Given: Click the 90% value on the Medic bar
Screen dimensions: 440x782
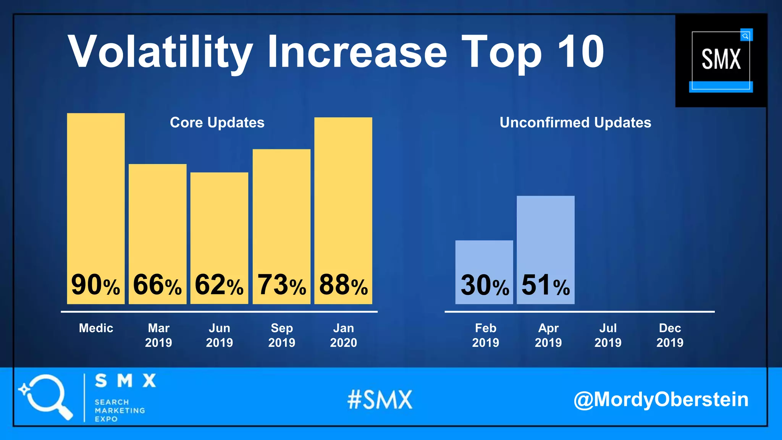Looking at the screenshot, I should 95,285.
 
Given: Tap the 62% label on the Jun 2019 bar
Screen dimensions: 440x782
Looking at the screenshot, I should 219,285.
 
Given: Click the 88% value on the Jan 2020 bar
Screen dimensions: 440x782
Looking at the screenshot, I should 343,285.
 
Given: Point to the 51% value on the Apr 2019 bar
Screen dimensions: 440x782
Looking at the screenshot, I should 546,285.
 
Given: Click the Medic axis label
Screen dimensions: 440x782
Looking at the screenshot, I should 96,328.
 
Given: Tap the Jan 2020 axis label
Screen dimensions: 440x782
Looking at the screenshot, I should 343,335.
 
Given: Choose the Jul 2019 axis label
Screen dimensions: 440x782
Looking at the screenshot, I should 608,335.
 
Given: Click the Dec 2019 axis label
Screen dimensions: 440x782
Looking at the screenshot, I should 670,335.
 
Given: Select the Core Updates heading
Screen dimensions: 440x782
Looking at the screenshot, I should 217,123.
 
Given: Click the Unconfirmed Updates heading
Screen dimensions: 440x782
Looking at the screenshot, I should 575,123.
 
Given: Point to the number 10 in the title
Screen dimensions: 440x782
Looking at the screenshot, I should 580,52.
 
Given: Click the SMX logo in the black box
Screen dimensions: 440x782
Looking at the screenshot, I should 721,60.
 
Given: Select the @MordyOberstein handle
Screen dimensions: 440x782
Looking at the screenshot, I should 661,400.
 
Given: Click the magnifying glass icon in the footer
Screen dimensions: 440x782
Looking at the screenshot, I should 46,396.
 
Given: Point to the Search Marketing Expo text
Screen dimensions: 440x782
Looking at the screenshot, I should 119,410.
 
